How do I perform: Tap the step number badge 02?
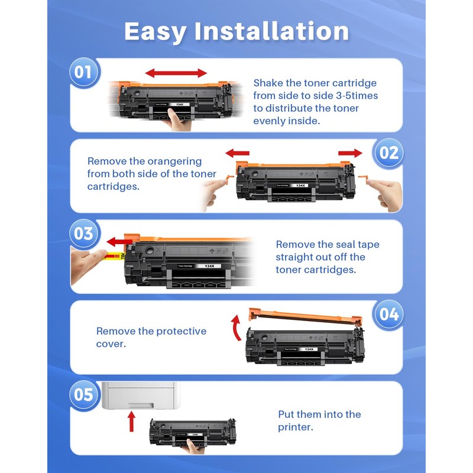389,153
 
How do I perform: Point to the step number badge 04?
389,314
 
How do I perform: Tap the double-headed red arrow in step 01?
176,73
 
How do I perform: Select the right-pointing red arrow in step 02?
350,153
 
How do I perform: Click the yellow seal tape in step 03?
112,256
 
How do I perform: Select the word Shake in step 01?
269,83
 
